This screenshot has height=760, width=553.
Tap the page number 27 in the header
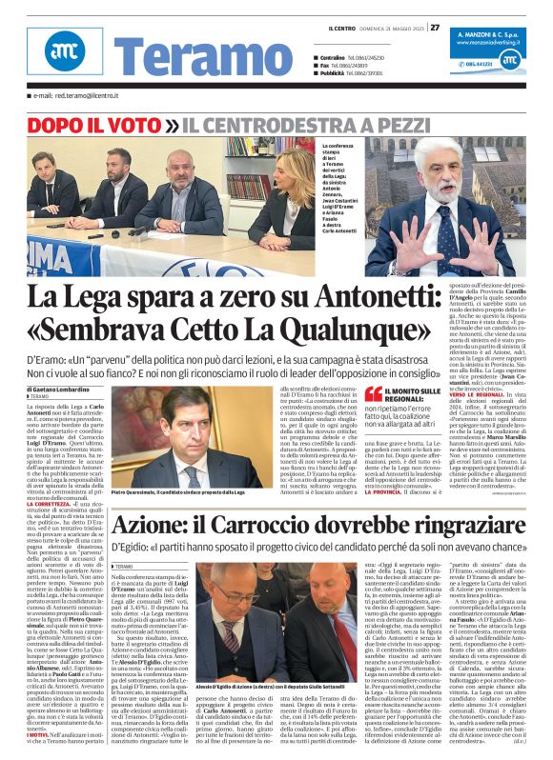pos(434,26)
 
